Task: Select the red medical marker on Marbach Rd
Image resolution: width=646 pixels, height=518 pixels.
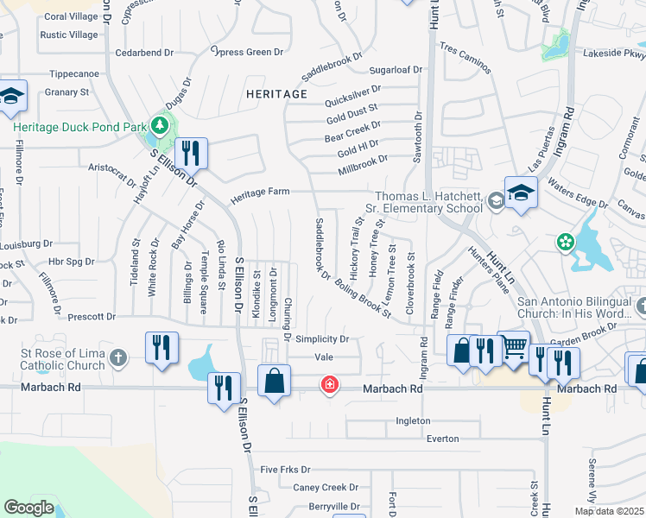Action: pyautogui.click(x=329, y=384)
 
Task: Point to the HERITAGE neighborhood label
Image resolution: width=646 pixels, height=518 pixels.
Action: pyautogui.click(x=276, y=93)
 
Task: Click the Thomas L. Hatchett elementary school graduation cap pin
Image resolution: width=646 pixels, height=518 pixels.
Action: pyautogui.click(x=521, y=193)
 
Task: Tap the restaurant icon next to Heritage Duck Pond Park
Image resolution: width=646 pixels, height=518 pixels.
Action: pyautogui.click(x=191, y=154)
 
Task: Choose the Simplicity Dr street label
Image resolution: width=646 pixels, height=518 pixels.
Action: pyautogui.click(x=321, y=339)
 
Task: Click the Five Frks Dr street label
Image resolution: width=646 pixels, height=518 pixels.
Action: pyautogui.click(x=285, y=470)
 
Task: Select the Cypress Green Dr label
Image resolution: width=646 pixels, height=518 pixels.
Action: pyautogui.click(x=247, y=52)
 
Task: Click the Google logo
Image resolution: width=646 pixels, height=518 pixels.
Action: pyautogui.click(x=28, y=508)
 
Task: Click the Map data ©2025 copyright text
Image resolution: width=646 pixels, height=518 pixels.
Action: pyautogui.click(x=609, y=511)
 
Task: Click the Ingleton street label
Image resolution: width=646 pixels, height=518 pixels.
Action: pyautogui.click(x=412, y=420)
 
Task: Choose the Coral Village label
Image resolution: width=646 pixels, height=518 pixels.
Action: pyautogui.click(x=71, y=16)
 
